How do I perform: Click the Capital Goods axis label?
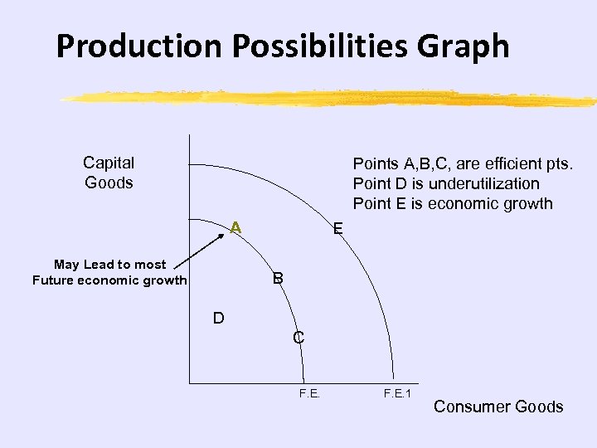point(109,173)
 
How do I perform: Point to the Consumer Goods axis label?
point(498,407)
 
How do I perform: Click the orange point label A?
point(236,226)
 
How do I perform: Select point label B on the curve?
point(279,278)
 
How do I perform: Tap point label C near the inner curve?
point(298,338)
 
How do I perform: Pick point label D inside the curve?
point(218,318)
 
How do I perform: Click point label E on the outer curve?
point(337,229)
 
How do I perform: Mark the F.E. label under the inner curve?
point(308,392)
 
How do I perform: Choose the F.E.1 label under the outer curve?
point(397,392)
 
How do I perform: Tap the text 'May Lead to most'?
point(110,265)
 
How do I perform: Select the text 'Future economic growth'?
point(109,280)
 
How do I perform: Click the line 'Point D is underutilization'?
point(446,183)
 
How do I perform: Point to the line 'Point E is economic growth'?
point(453,204)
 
